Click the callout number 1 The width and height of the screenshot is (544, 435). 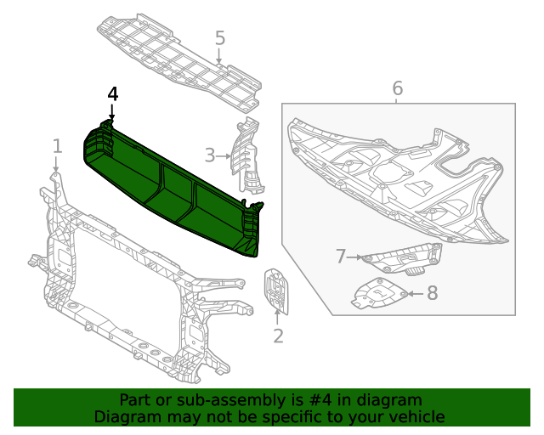pyautogui.click(x=57, y=145)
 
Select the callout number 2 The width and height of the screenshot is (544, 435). pyautogui.click(x=278, y=336)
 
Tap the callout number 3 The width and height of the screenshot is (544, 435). pyautogui.click(x=209, y=155)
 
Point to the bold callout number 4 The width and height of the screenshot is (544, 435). pyautogui.click(x=113, y=94)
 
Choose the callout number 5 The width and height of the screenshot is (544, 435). pyautogui.click(x=219, y=38)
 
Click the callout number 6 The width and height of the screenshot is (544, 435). pyautogui.click(x=397, y=88)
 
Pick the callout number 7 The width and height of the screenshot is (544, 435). pyautogui.click(x=340, y=256)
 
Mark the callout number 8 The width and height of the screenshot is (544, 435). pyautogui.click(x=432, y=294)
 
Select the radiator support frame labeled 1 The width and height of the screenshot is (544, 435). pyautogui.click(x=127, y=289)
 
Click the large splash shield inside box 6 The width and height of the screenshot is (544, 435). pyautogui.click(x=399, y=174)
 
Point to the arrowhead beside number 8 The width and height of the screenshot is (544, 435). pyautogui.click(x=412, y=294)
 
